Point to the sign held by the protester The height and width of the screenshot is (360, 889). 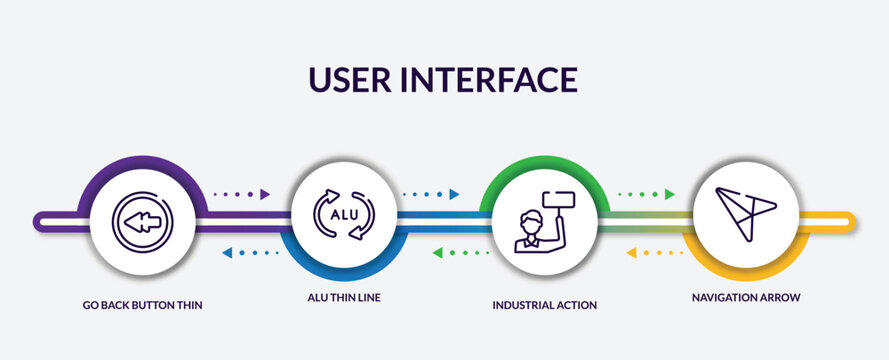coord(557,203)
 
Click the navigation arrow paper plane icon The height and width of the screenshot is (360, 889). coord(745,212)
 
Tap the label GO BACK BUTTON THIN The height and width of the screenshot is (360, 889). coord(144,304)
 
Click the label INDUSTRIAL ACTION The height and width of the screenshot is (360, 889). coord(545,304)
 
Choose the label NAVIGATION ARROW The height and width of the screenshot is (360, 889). coord(746,297)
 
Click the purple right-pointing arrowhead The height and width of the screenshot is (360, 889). coord(265,194)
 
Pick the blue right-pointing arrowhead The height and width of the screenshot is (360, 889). coord(454,194)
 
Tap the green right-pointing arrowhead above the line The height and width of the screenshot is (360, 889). coord(670,194)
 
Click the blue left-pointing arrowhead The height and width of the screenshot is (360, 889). coord(226,253)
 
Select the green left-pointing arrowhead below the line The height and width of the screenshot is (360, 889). coord(437,253)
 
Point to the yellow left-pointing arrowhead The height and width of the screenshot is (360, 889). coord(631,253)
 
